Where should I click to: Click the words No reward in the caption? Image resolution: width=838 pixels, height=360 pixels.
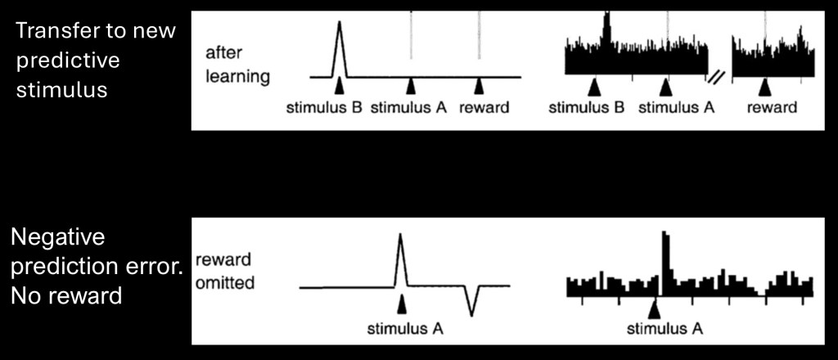click(66, 295)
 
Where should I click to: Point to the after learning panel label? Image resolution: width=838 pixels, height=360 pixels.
click(237, 65)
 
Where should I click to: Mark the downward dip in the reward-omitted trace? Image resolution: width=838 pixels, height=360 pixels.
click(471, 313)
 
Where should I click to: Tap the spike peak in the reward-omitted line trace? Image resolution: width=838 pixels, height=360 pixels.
click(400, 236)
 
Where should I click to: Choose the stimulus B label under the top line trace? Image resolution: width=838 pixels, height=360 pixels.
click(324, 107)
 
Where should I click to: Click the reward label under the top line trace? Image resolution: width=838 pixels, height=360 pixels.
click(484, 107)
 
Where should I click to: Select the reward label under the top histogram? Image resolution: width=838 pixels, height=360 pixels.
click(772, 107)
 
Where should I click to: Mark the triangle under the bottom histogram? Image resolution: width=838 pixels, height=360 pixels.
click(654, 309)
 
